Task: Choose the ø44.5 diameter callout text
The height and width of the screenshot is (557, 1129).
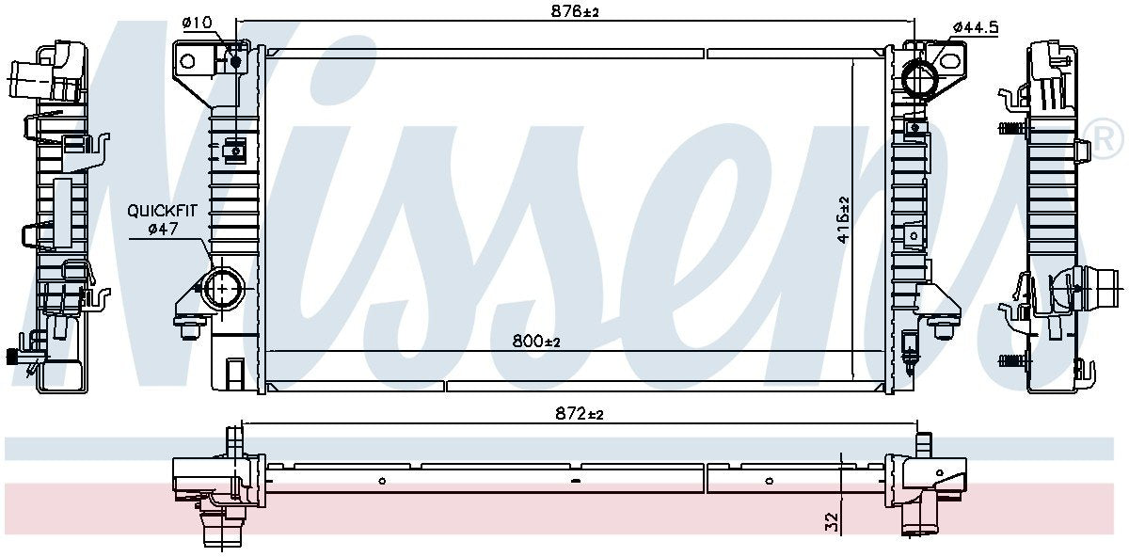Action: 975,27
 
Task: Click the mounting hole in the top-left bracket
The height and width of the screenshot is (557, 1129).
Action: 187,62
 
